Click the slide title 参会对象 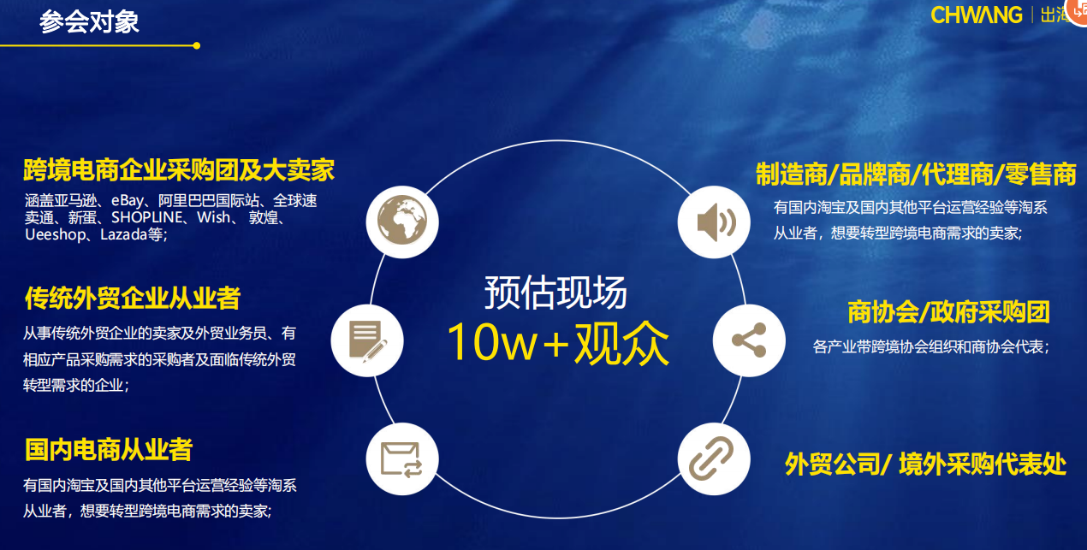(89, 22)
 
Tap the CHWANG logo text (977, 15)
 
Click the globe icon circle (402, 222)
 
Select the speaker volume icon (714, 222)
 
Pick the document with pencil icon (367, 340)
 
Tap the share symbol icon (749, 340)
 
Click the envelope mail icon (402, 458)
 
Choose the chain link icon (714, 458)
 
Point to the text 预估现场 (556, 293)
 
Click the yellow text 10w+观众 (558, 343)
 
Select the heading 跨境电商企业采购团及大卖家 (179, 170)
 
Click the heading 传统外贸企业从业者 (133, 298)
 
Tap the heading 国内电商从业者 (109, 450)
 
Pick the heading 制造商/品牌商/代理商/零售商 (916, 174)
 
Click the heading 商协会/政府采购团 (948, 312)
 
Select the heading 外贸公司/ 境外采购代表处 (925, 464)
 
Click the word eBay (128, 201)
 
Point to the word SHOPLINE (146, 217)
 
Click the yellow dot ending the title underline (197, 45)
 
